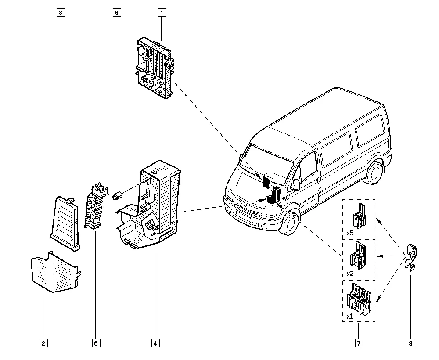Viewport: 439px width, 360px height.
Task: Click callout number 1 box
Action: click(x=162, y=13)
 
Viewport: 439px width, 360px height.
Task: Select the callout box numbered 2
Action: click(x=43, y=343)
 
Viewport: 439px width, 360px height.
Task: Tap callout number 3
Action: click(x=61, y=13)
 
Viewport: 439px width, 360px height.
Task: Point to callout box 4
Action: click(x=155, y=343)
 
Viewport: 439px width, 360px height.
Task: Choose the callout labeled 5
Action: click(x=96, y=343)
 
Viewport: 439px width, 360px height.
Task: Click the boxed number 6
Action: click(x=116, y=13)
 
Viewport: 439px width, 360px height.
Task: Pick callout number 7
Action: click(x=359, y=343)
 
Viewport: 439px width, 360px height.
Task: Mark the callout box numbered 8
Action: click(x=410, y=343)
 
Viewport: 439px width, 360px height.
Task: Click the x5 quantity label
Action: click(x=350, y=233)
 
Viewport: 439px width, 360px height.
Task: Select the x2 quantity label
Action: click(x=350, y=273)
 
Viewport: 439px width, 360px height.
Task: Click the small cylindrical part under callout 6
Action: click(x=117, y=195)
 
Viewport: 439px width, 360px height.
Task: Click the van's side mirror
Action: click(x=295, y=184)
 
